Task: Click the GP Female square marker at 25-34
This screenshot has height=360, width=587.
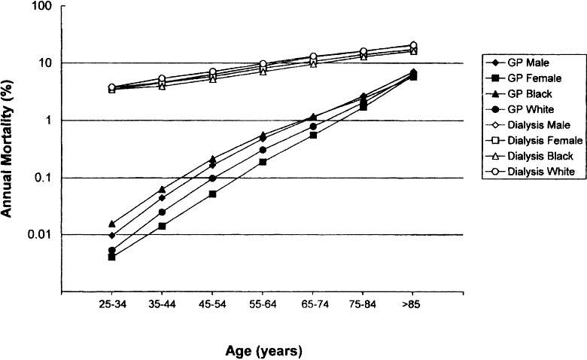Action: pyautogui.click(x=112, y=257)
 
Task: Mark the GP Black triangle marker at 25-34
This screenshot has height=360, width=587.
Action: pyautogui.click(x=112, y=224)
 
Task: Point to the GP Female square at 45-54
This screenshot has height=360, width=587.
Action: pyautogui.click(x=212, y=194)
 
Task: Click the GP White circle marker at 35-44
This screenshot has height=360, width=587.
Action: pyautogui.click(x=162, y=212)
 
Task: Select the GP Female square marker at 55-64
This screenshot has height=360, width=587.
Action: pyautogui.click(x=263, y=161)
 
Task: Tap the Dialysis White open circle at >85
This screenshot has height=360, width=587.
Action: pyautogui.click(x=413, y=45)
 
